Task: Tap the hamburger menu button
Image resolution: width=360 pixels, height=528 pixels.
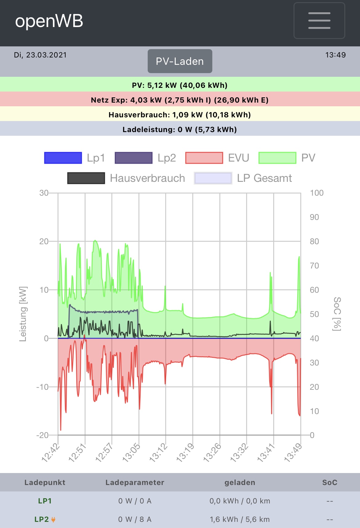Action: [319, 21]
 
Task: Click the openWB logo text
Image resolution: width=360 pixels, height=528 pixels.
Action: [49, 21]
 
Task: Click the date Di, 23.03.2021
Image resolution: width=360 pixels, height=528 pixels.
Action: [40, 55]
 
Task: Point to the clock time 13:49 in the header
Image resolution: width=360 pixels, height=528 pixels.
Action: [335, 55]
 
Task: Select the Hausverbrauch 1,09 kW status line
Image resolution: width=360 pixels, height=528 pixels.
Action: [180, 115]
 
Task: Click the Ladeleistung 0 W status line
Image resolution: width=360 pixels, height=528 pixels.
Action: [180, 130]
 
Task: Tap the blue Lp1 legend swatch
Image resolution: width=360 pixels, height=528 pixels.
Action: [63, 158]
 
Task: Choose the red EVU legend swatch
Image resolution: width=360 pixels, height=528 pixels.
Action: [204, 158]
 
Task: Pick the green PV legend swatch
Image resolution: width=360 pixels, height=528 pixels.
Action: [277, 158]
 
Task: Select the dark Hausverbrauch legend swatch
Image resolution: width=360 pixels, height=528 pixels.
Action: [86, 178]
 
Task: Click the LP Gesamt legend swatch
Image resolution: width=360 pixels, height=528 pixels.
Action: [213, 178]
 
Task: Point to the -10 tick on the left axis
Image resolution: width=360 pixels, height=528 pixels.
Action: [42, 387]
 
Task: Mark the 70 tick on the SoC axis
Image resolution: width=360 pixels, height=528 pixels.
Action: [314, 266]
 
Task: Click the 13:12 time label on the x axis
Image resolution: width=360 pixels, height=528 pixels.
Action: [158, 453]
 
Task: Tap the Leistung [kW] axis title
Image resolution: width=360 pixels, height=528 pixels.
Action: [23, 314]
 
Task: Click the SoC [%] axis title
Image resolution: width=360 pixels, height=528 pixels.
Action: [337, 314]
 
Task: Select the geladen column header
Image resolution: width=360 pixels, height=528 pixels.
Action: [240, 483]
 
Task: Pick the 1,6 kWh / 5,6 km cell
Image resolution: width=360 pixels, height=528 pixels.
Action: [240, 519]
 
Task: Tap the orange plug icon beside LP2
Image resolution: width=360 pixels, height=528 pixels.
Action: [53, 520]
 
